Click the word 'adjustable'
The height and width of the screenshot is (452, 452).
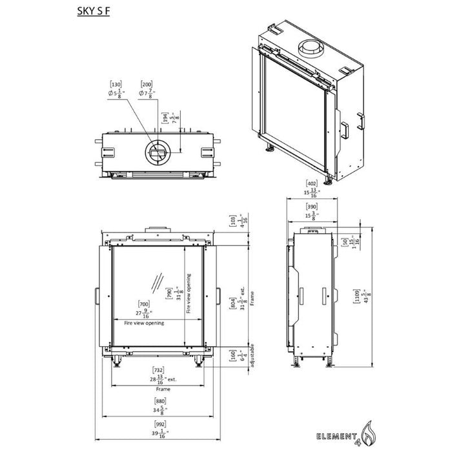click(x=251, y=356)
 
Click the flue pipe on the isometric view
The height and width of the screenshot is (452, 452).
click(x=313, y=49)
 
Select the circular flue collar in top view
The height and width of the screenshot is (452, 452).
click(x=157, y=151)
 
